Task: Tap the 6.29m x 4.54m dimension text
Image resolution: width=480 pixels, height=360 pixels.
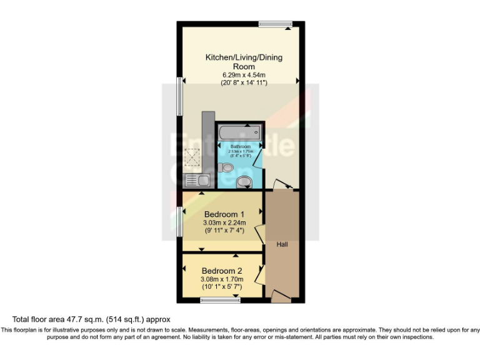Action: pyautogui.click(x=244, y=75)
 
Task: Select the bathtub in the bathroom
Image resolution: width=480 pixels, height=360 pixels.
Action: pyautogui.click(x=239, y=132)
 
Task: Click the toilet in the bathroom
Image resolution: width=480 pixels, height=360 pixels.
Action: pyautogui.click(x=226, y=167)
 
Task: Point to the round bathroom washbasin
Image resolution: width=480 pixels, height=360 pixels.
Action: pyautogui.click(x=246, y=182)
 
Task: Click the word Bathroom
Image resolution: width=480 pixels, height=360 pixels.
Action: pyautogui.click(x=240, y=146)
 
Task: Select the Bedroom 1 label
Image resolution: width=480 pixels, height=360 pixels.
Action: pyautogui.click(x=224, y=212)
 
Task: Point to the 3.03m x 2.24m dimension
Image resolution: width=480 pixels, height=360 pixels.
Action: pyautogui.click(x=224, y=222)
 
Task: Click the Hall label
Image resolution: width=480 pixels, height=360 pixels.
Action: pyautogui.click(x=282, y=244)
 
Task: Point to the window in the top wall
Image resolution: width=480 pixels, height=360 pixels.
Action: pyautogui.click(x=275, y=24)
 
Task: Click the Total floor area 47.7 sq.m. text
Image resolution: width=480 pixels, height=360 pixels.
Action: pyautogui.click(x=91, y=319)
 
